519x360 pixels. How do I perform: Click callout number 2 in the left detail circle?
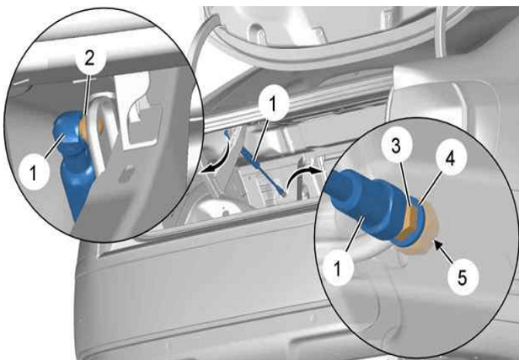click(89, 60)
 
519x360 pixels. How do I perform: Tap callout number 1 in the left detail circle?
click(33, 172)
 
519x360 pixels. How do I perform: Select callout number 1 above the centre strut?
click(273, 105)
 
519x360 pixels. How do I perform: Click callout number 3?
click(396, 146)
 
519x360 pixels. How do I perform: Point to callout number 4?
click(450, 159)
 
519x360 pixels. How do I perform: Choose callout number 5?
click(463, 277)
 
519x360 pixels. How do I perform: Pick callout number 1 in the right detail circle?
click(338, 268)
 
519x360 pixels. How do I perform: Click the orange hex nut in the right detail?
click(409, 223)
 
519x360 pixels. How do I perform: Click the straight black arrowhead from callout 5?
click(438, 245)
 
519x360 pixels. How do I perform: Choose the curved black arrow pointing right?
click(302, 175)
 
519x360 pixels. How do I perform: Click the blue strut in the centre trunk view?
click(254, 161)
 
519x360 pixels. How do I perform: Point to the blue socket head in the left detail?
click(68, 130)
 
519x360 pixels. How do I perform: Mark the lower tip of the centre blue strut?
click(284, 194)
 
